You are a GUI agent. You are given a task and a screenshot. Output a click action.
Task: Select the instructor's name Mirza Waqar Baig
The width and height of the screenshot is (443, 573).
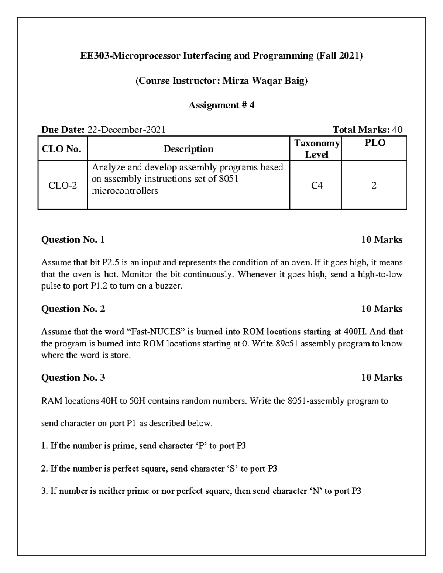pyautogui.click(x=264, y=81)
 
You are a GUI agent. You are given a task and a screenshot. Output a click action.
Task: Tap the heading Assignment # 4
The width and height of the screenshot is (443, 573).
pyautogui.click(x=221, y=106)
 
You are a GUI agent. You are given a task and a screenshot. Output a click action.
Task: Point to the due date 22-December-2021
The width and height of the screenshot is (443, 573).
pyautogui.click(x=126, y=130)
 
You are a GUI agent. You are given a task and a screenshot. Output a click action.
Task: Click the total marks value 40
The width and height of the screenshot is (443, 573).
pyautogui.click(x=397, y=130)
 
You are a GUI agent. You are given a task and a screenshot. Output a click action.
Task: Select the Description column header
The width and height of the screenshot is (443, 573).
pyautogui.click(x=188, y=149)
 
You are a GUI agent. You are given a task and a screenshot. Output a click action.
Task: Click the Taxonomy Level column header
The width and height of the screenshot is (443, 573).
pyautogui.click(x=316, y=149)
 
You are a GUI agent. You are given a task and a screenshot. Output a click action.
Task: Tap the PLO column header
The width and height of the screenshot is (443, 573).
pyautogui.click(x=374, y=143)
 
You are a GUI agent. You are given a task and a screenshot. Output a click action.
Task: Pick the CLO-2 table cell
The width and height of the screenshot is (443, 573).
pyautogui.click(x=63, y=185)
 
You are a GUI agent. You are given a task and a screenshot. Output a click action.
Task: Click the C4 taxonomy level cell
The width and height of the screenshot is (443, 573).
pyautogui.click(x=316, y=185)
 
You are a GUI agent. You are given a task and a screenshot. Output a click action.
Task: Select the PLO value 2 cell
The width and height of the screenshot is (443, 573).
pyautogui.click(x=374, y=185)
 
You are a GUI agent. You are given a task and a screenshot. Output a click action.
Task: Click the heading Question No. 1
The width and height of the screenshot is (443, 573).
pyautogui.click(x=73, y=240)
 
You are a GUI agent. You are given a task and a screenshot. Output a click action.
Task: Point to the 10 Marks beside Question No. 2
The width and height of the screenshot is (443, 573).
pyautogui.click(x=382, y=309)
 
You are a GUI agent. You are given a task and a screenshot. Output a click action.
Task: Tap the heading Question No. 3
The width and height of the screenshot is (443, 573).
pyautogui.click(x=73, y=377)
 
